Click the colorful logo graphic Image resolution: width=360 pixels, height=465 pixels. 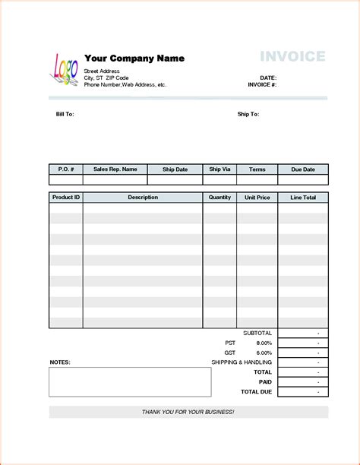click(64, 69)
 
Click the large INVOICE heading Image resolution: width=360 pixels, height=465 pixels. click(292, 56)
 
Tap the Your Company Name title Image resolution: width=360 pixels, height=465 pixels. click(134, 59)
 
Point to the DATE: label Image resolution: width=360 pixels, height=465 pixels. click(268, 78)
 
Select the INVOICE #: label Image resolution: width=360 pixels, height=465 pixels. click(262, 85)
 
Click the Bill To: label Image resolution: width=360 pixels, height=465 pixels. click(65, 114)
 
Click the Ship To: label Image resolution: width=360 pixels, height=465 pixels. click(248, 114)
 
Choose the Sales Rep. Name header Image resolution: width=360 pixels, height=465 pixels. click(115, 169)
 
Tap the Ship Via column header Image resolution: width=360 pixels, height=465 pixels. click(220, 169)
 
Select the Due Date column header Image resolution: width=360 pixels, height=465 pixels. click(302, 169)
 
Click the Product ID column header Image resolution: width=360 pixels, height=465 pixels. click(66, 198)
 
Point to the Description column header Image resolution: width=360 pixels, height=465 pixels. click(143, 198)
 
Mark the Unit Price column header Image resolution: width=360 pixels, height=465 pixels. click(257, 198)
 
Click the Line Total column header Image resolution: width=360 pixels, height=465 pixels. click(303, 198)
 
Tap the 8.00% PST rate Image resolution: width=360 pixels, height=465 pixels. click(264, 343)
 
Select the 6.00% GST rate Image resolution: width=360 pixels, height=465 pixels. click(264, 353)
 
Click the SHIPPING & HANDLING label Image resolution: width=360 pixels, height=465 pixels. click(242, 362)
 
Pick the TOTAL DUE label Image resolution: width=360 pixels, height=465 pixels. click(257, 391)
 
